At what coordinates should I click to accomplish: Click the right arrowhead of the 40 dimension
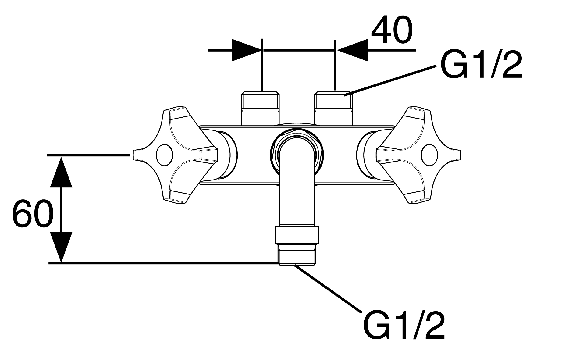tap(351, 50)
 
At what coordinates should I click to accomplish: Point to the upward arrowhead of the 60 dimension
tap(61, 172)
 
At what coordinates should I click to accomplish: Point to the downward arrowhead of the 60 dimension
tap(61, 247)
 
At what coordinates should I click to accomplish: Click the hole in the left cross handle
tap(164, 155)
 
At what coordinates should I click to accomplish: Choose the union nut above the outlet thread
tap(297, 235)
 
